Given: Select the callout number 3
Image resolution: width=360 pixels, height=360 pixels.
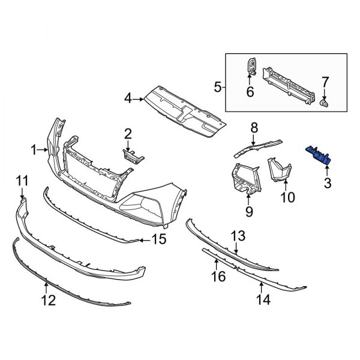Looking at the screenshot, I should pos(327,182).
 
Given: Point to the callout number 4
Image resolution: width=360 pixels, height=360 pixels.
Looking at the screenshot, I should pos(128,98).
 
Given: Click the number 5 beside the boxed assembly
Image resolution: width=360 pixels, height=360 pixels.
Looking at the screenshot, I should pos(217,88).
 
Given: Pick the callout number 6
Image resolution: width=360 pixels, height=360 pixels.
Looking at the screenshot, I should pos(250,91).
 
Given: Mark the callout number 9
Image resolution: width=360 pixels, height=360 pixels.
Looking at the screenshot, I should pos(248,211).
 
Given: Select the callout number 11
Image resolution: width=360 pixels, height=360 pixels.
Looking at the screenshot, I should pos(22,180).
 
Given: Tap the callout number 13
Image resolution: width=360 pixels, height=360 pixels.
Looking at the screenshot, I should pos(239,235).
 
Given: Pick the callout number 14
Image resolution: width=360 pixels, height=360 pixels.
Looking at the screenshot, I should pos(262,298).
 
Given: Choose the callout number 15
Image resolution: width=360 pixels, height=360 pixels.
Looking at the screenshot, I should pos(158,241).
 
